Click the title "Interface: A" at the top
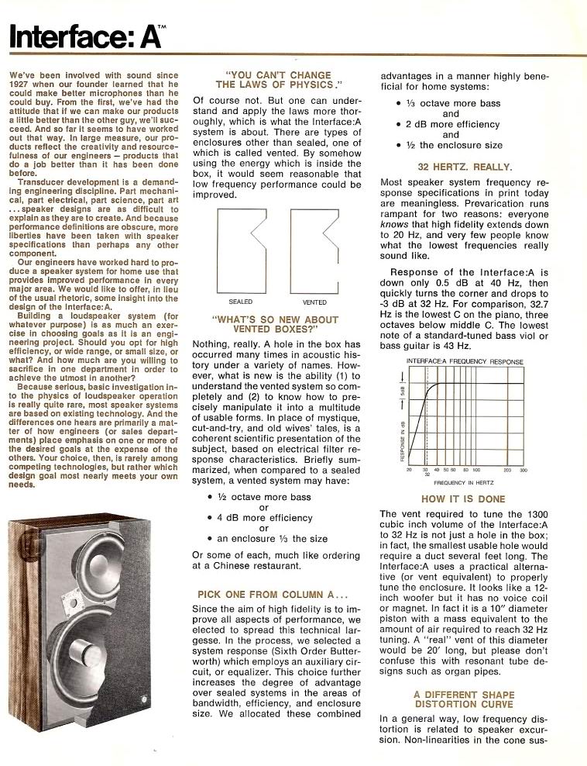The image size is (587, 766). (x=91, y=34)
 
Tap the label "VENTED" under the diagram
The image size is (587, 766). (x=314, y=302)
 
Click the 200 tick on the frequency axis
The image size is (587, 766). (x=506, y=470)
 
